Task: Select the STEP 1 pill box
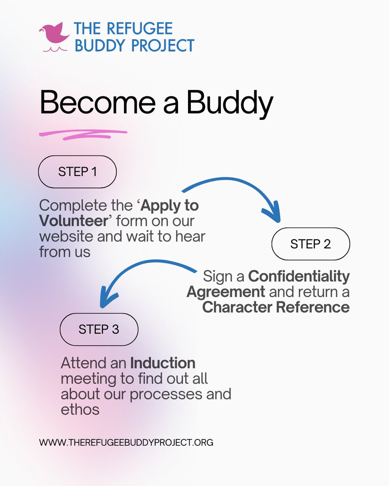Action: (77, 172)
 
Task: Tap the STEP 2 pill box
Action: (310, 244)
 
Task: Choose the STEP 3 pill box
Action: (99, 329)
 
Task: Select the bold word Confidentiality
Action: (299, 277)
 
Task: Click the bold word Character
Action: (237, 307)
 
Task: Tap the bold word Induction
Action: (162, 363)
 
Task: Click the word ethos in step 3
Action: (80, 409)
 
